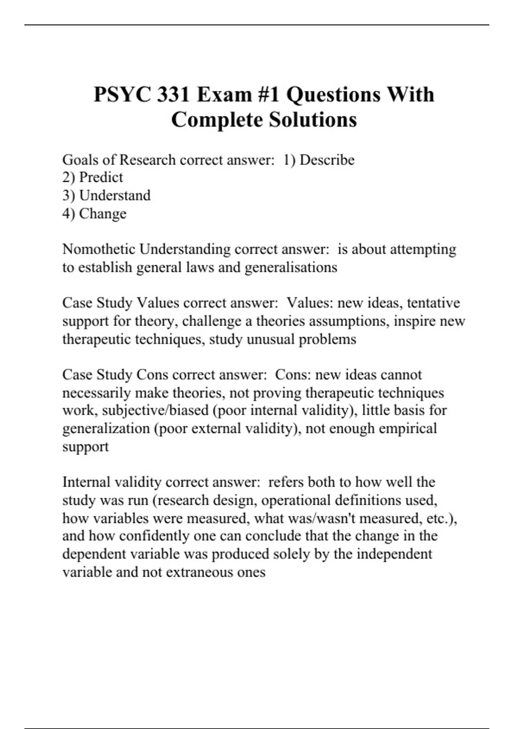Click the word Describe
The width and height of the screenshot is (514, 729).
327,160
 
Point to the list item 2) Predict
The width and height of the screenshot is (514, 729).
93,178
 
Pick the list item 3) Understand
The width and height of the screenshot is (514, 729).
106,196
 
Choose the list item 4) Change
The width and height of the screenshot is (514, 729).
94,214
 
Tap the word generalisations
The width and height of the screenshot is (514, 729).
291,268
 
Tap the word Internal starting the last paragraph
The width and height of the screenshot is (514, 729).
86,482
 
